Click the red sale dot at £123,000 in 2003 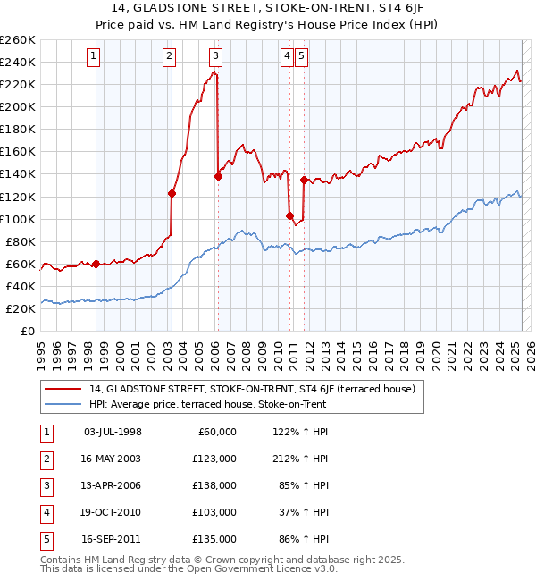pos(172,193)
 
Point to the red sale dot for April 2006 pos(218,176)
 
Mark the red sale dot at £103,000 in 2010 pos(289,215)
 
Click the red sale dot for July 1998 pos(96,264)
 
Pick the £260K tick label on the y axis pos(18,40)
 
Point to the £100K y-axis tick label pos(18,219)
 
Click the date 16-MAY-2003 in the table pos(112,459)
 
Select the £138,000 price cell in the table pos(215,485)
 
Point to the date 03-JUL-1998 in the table pos(112,432)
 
